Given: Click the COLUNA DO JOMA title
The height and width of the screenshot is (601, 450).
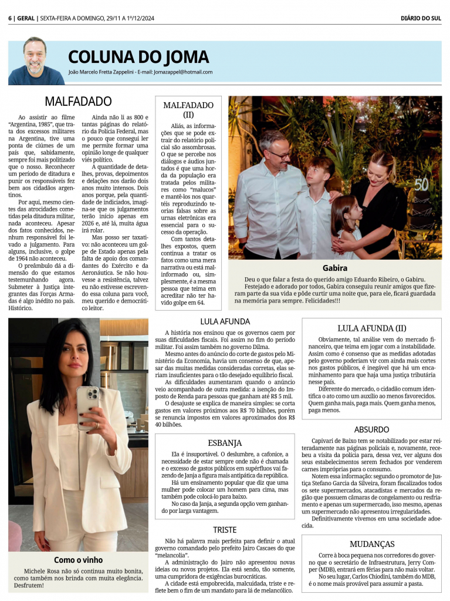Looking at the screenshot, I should tap(138, 57).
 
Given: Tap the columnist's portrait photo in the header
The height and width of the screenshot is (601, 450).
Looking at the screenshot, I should tap(36, 61).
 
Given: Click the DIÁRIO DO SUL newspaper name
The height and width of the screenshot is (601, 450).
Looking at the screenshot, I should tap(421, 18).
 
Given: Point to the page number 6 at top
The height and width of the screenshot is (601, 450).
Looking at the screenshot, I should tap(10, 18).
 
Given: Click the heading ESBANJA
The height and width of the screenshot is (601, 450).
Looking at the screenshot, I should tap(225, 442).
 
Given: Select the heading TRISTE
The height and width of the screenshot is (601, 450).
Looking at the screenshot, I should tap(225, 529).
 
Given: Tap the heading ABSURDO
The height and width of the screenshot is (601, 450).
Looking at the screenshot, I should tap(371, 429).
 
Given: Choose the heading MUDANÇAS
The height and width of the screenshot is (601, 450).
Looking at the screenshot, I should tap(371, 543).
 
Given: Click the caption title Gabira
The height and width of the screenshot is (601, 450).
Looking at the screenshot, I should tap(335, 268).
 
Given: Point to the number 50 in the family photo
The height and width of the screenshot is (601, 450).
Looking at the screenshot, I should tap(421, 184).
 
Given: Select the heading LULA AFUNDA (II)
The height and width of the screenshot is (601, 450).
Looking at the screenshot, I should tap(371, 328).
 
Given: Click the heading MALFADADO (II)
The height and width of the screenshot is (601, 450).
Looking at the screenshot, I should tap(188, 109).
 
